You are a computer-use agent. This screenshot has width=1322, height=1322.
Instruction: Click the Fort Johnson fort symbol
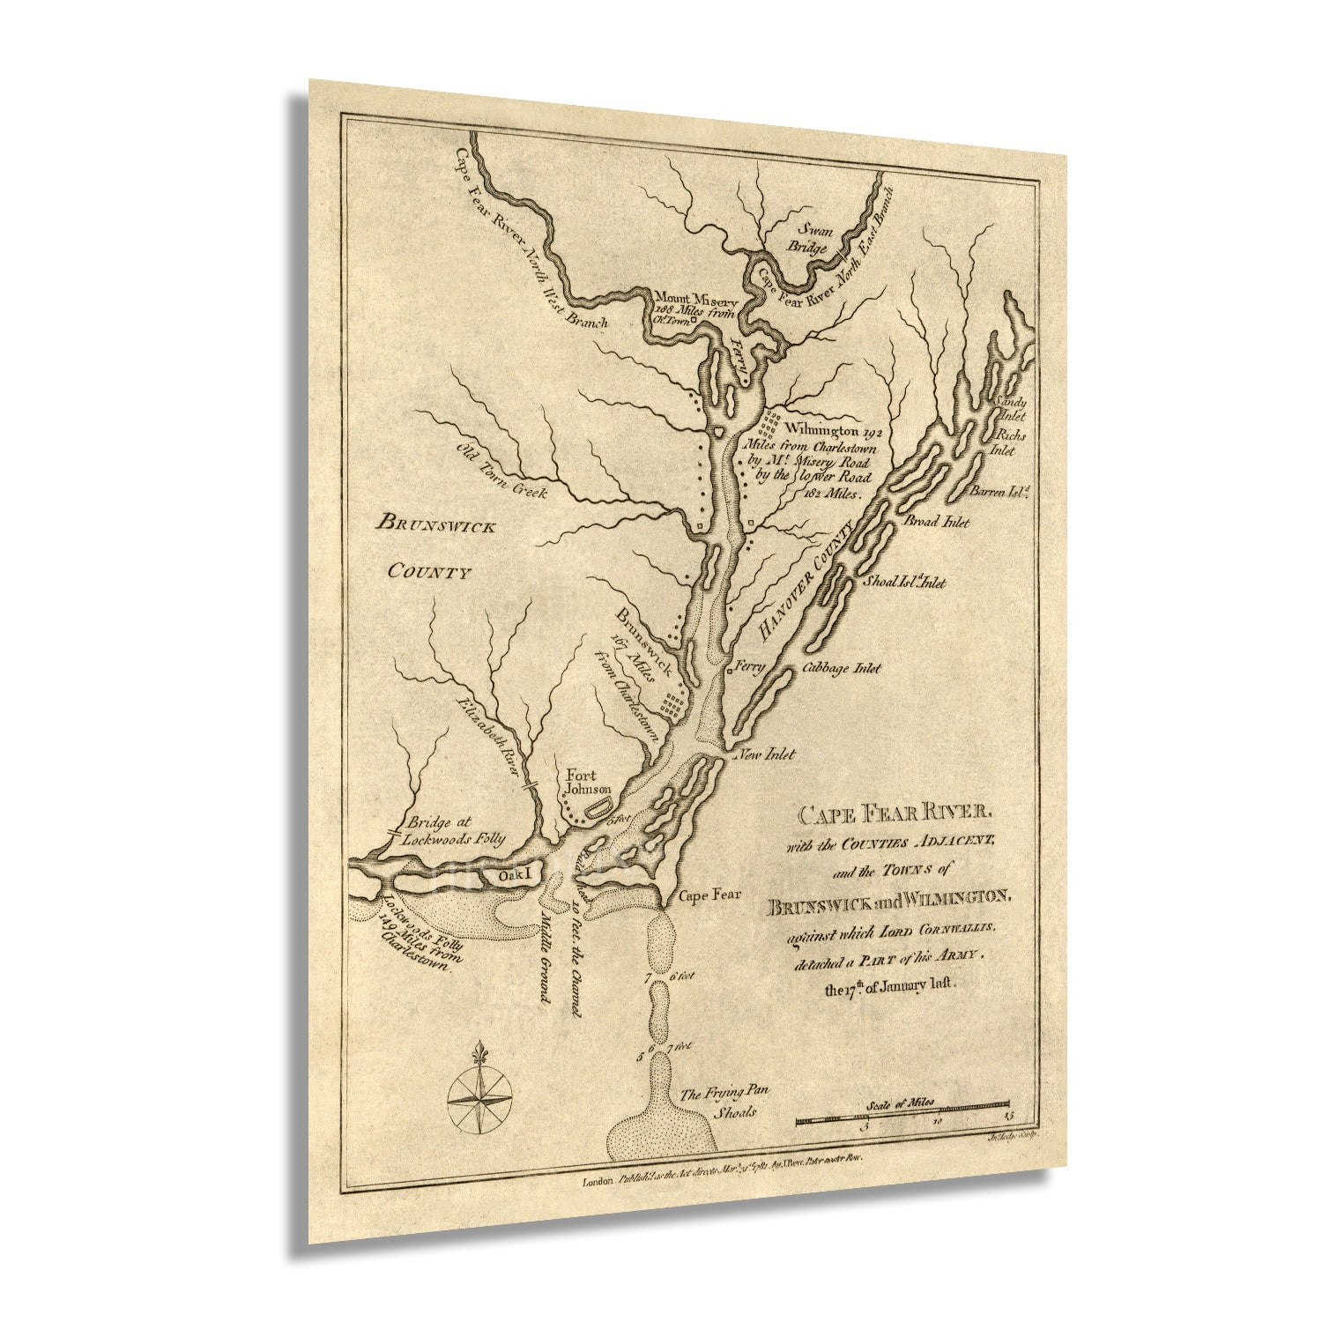(x=602, y=806)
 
